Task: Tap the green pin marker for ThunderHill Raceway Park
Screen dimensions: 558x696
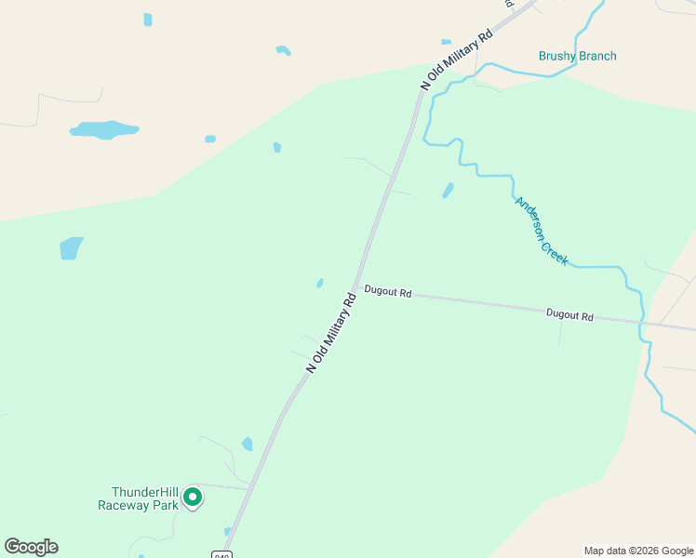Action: pyautogui.click(x=193, y=498)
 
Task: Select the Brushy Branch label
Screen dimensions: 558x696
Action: pyautogui.click(x=577, y=56)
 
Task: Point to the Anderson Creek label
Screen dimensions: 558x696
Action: pyautogui.click(x=542, y=231)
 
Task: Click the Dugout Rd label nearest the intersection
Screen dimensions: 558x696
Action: pyautogui.click(x=388, y=291)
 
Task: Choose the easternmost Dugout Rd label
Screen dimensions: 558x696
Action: pyautogui.click(x=569, y=315)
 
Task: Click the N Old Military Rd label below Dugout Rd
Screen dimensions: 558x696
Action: pyautogui.click(x=332, y=334)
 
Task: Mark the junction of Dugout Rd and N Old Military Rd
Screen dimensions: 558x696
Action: pyautogui.click(x=354, y=288)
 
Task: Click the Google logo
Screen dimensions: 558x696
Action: pyautogui.click(x=31, y=547)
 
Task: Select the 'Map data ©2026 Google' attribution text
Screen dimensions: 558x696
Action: pyautogui.click(x=638, y=551)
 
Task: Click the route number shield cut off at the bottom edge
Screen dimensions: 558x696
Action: pyautogui.click(x=222, y=554)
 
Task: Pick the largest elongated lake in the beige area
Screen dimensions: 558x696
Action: pyautogui.click(x=103, y=129)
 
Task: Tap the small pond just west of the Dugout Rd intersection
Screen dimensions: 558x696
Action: pyautogui.click(x=319, y=283)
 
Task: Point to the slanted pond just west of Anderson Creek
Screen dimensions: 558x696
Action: pyautogui.click(x=448, y=191)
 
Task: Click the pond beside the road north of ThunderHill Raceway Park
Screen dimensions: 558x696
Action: pyautogui.click(x=247, y=445)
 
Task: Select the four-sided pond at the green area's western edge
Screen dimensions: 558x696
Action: pyautogui.click(x=71, y=248)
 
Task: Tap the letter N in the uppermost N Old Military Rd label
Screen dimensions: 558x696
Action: pyautogui.click(x=425, y=86)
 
